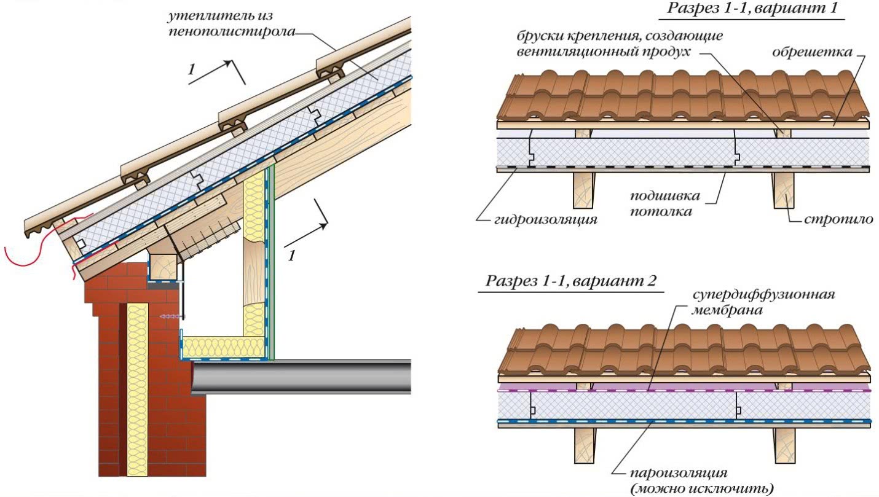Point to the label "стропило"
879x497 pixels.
point(838,219)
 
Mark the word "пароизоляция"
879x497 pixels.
point(678,474)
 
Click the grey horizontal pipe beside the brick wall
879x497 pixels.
point(301,376)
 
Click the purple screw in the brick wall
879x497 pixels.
point(170,315)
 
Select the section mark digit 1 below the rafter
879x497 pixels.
point(291,254)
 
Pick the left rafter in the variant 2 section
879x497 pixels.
point(584,445)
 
